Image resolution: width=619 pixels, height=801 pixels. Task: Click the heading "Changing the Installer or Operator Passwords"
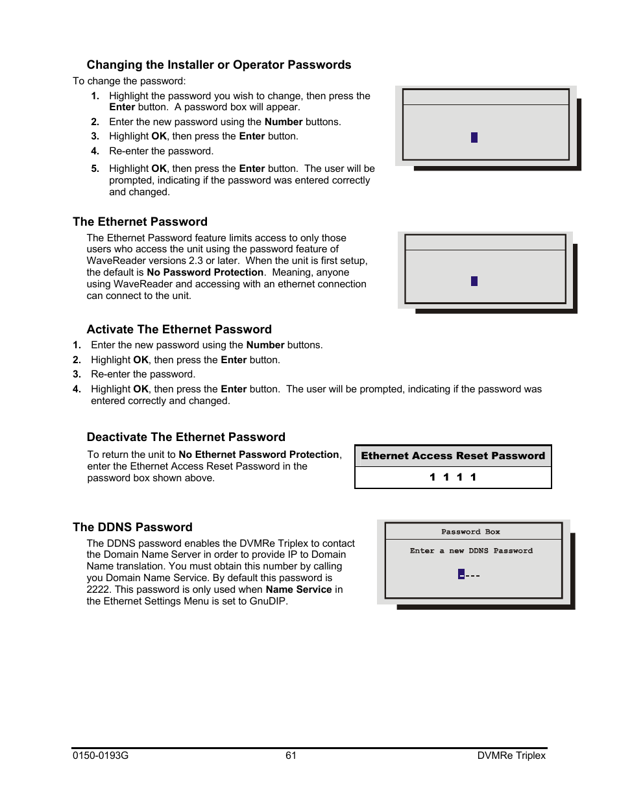(219, 65)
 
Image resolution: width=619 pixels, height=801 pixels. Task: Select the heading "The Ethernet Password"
(140, 222)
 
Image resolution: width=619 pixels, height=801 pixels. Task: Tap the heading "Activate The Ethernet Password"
(179, 329)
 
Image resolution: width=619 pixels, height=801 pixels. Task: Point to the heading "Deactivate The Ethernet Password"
(186, 437)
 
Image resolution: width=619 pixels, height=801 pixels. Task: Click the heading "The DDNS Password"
(132, 527)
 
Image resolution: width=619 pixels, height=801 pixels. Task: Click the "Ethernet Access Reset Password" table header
(453, 456)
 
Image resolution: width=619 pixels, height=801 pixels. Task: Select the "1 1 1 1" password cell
(453, 477)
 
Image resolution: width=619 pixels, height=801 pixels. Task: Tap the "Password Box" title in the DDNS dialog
(470, 532)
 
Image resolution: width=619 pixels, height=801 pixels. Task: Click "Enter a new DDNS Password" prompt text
(471, 551)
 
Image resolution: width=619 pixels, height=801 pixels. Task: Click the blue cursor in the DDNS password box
(461, 575)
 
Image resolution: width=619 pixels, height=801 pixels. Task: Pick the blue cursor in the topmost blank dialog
(474, 137)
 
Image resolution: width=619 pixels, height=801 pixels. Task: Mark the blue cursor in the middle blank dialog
(474, 281)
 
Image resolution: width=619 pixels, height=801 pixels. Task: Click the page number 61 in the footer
(291, 756)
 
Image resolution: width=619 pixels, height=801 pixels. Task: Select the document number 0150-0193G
(101, 756)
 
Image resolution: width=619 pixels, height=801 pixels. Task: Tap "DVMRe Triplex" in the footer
(511, 756)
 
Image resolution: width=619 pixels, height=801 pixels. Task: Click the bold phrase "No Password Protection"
(205, 272)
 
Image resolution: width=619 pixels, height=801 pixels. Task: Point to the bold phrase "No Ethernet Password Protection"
(259, 455)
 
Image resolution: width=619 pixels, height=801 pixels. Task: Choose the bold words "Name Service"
(298, 590)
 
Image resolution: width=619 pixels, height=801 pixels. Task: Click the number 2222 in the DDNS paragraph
(98, 590)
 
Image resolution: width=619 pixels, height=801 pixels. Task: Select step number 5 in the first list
(95, 169)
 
